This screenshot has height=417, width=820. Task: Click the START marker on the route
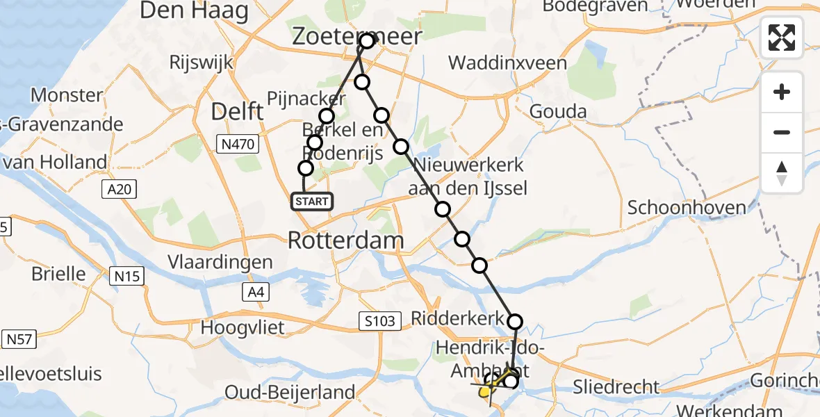coord(312,202)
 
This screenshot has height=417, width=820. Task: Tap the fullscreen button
coord(782,37)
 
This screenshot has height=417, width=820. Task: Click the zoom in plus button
coord(782,92)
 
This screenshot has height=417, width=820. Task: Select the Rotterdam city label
coord(345,240)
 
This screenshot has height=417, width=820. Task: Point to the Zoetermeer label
coord(357,36)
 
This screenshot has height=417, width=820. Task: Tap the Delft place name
coord(238,111)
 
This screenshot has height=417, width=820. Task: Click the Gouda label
coord(558,111)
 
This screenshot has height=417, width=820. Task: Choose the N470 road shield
coord(238,145)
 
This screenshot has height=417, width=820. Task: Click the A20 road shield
coord(122,188)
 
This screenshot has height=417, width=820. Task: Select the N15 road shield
coord(128,277)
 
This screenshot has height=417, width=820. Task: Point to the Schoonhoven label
coord(687,207)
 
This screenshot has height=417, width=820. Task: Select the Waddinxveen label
coord(507,63)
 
